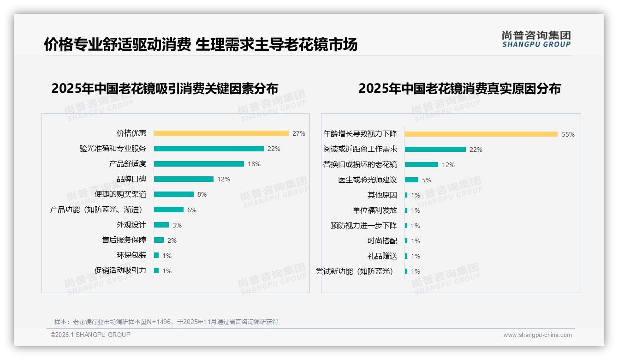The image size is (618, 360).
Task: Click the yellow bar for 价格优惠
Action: (221, 133)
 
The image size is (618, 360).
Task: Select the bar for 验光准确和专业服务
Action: (208, 149)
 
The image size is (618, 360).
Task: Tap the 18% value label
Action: (254, 164)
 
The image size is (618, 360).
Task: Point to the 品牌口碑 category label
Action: (131, 179)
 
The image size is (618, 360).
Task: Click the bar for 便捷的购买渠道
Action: (173, 194)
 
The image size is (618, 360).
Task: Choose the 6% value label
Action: (192, 210)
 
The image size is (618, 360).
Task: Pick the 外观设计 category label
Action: (131, 225)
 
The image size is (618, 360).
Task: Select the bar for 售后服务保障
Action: (159, 240)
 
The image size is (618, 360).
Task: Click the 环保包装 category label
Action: (131, 255)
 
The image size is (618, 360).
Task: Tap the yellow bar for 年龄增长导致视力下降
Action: (481, 134)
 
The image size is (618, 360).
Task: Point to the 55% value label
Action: (568, 134)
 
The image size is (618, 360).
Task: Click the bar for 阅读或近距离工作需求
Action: (435, 150)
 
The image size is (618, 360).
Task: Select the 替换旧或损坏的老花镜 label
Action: (360, 164)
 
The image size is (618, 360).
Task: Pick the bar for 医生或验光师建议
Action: (411, 180)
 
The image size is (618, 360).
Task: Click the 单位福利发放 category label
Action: (375, 210)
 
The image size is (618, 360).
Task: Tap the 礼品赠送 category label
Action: (382, 256)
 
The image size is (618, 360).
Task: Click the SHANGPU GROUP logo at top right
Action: (536, 39)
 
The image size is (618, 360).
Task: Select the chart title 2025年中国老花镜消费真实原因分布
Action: (459, 89)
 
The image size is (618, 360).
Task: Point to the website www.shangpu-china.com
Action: (537, 335)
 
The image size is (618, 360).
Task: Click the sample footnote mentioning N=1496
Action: (166, 322)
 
